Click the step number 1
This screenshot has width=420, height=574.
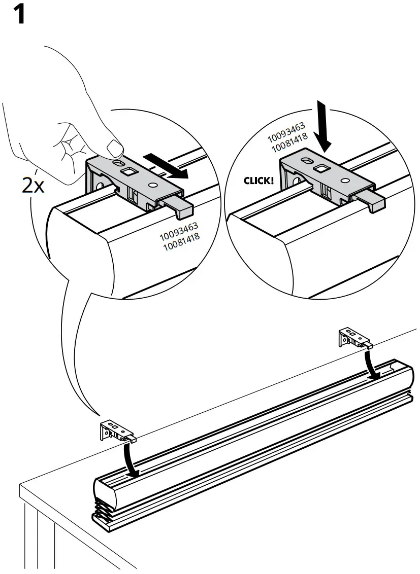point(19,15)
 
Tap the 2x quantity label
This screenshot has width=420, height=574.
point(33,186)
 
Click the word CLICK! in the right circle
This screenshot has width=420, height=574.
point(259,180)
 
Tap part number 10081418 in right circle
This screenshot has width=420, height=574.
point(288,148)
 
